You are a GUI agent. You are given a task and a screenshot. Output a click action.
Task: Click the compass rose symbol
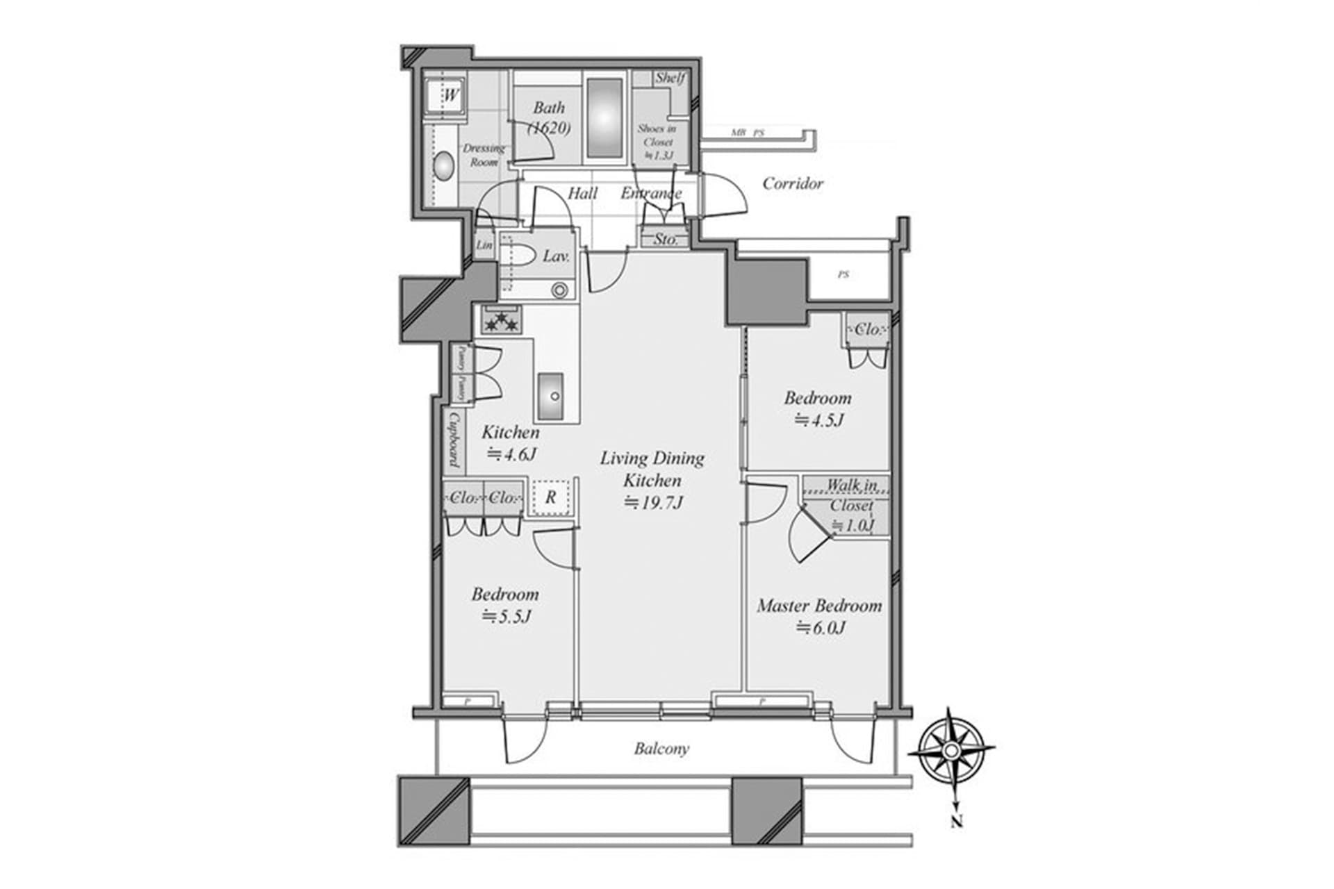tap(950, 751)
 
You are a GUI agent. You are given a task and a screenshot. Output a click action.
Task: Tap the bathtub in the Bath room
tap(604, 117)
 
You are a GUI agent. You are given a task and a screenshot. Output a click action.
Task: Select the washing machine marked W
tap(446, 95)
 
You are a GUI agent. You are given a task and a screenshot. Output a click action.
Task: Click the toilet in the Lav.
tap(519, 256)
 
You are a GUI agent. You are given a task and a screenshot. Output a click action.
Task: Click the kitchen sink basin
tap(554, 396)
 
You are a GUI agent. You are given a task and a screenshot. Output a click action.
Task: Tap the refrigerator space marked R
tap(550, 497)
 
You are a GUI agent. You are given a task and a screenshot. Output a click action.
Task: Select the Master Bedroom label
tap(819, 606)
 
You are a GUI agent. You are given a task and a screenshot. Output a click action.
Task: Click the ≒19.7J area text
tap(652, 503)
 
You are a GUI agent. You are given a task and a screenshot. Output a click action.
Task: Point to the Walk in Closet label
tap(851, 495)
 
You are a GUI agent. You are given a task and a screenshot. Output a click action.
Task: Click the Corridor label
tap(792, 183)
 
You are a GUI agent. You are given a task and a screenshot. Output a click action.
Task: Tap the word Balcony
tap(661, 749)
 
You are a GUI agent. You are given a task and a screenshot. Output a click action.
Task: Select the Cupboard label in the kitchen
tap(454, 440)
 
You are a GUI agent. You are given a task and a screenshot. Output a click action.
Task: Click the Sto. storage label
tap(666, 240)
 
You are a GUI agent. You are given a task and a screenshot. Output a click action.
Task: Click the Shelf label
tap(670, 78)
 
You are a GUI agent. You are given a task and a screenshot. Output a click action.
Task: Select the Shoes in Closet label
tap(657, 142)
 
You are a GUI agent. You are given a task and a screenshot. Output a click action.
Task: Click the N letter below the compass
tap(957, 822)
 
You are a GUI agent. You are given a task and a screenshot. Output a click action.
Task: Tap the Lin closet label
tap(484, 245)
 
